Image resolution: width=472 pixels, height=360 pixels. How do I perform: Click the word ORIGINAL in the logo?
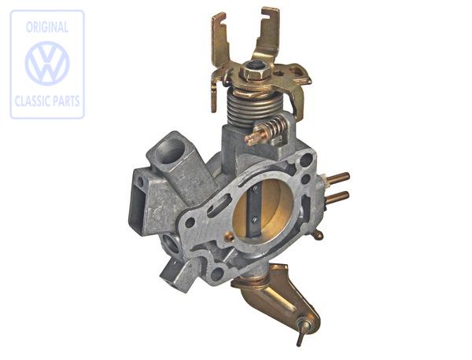(47, 28)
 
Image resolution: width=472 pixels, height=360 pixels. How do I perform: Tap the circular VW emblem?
(47, 64)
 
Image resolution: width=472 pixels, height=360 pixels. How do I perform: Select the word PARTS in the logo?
(65, 101)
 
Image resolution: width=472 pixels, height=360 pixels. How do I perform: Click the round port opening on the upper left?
(171, 146)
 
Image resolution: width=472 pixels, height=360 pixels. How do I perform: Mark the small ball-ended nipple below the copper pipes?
(317, 233)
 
